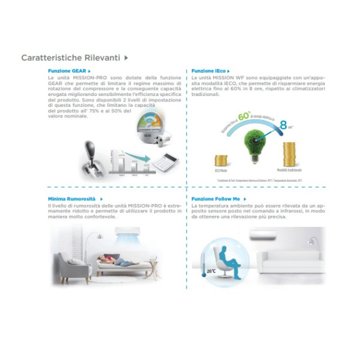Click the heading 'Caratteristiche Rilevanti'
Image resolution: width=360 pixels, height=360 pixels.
[x=71, y=58]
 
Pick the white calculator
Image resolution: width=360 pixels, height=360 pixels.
[x=161, y=160]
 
